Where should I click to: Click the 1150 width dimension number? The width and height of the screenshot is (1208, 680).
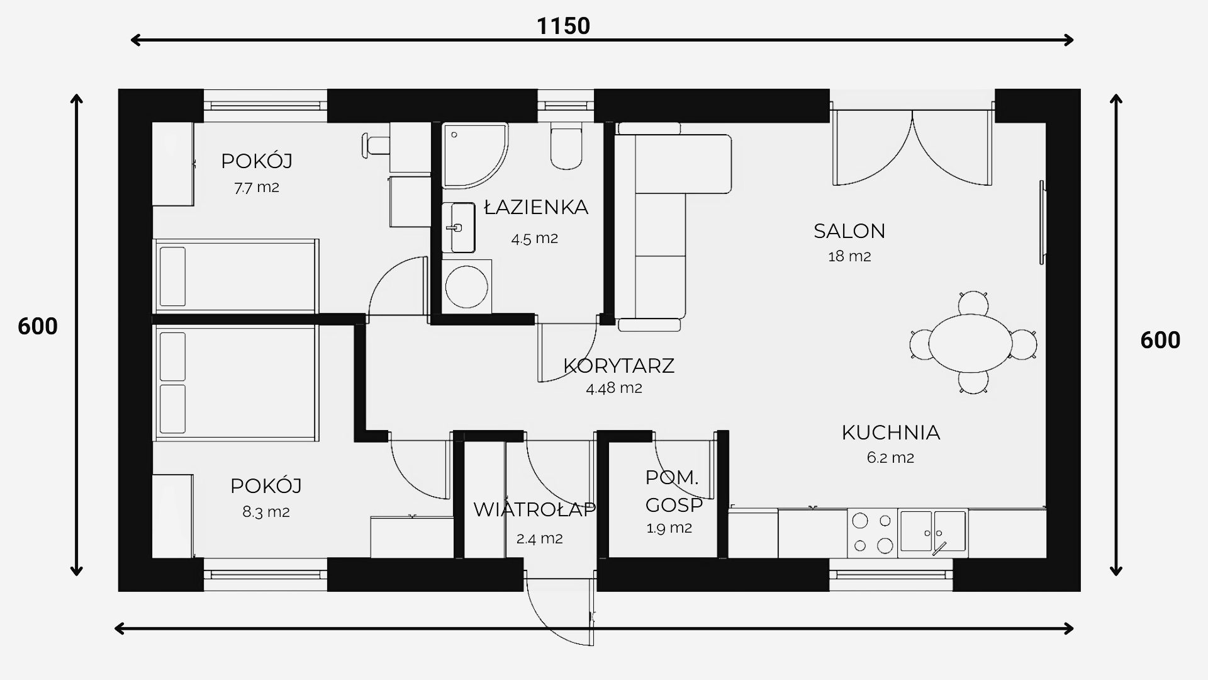point(563,26)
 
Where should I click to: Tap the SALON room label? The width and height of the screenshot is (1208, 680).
point(849,231)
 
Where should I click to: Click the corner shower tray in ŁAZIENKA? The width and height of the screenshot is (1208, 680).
point(474,156)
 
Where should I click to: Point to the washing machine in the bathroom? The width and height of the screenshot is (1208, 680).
point(466,286)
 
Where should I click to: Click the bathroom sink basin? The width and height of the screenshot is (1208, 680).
point(458,227)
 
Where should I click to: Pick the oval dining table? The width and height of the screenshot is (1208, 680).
point(970,343)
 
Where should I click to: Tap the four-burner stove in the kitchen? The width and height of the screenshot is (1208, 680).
point(872,533)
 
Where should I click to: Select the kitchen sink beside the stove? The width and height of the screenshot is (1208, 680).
point(932,533)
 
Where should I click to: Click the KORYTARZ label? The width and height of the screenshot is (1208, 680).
point(618,366)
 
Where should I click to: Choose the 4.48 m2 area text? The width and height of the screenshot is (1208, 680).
point(614,388)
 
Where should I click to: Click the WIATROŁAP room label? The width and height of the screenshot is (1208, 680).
point(534,509)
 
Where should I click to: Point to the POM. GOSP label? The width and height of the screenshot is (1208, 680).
point(673,491)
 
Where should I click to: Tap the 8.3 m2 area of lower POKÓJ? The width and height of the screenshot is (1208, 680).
point(266,512)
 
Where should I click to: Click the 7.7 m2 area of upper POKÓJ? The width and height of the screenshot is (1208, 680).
point(257,187)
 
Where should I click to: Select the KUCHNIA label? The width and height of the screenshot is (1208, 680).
point(891,433)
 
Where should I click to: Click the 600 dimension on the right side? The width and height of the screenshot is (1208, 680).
point(1160,340)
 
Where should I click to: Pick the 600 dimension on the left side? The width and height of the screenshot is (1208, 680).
point(38,326)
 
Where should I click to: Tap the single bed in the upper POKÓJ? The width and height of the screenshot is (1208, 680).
point(236,276)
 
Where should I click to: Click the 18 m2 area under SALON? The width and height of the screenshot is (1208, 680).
point(849,256)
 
